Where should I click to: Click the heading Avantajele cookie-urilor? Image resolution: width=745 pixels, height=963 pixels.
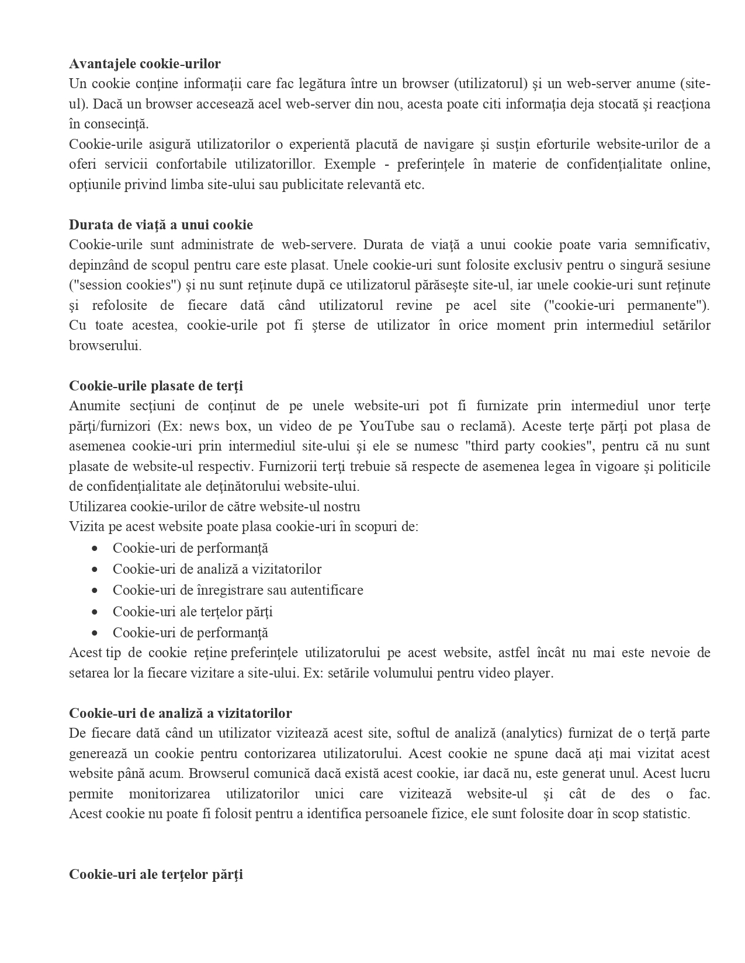tap(145, 64)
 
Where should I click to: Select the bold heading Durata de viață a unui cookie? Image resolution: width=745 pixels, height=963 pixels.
tap(161, 225)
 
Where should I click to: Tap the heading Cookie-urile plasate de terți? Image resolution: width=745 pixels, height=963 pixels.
tap(156, 386)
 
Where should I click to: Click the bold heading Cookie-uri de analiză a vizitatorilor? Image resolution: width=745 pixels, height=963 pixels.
tap(181, 713)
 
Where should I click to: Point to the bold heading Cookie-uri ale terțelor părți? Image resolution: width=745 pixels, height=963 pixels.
tap(156, 874)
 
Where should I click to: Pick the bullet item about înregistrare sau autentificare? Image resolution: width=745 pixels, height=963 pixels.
tap(238, 590)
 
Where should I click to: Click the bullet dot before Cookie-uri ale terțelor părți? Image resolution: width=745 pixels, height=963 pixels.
tap(95, 612)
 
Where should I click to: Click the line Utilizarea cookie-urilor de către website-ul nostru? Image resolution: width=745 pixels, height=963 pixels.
tap(214, 507)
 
